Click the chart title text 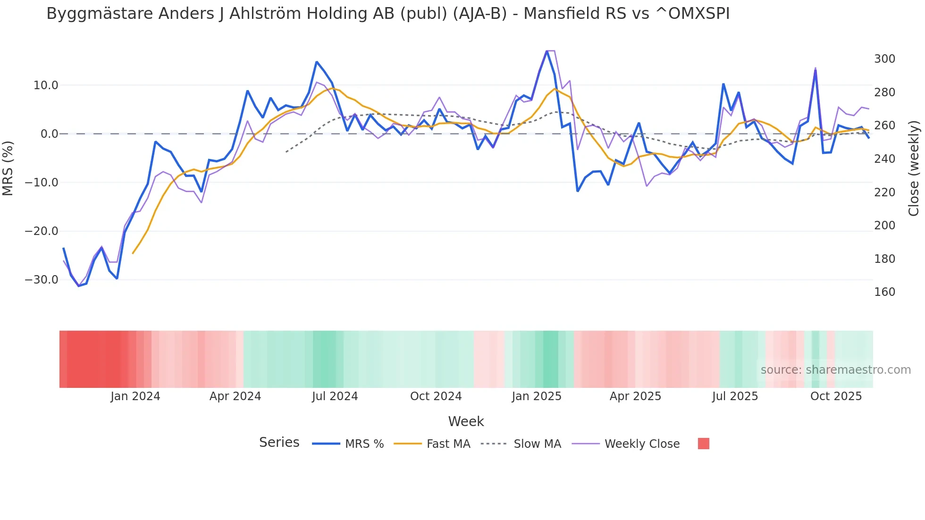(387, 14)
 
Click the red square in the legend (703, 444)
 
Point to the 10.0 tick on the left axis (46, 85)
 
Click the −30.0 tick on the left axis (42, 280)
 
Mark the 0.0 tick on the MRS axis (49, 134)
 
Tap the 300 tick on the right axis (884, 59)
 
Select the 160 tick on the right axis (884, 292)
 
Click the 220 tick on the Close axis (884, 193)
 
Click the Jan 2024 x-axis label (135, 396)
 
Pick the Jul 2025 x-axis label (735, 396)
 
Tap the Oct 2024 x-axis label (436, 396)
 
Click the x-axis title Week (466, 421)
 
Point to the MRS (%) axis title (8, 168)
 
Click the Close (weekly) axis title (914, 168)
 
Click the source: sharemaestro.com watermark (835, 370)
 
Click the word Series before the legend (279, 443)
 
